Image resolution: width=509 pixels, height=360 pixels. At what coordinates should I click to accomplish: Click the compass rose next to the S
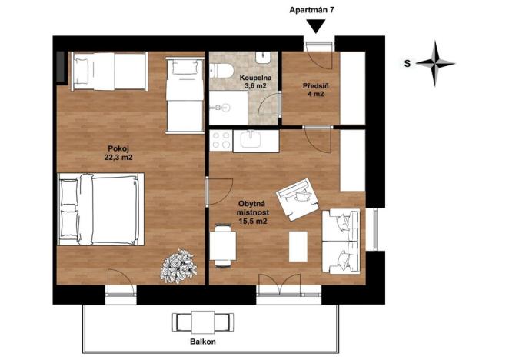coord(441,64)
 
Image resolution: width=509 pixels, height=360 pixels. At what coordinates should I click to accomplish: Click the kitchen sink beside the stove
coord(252,139)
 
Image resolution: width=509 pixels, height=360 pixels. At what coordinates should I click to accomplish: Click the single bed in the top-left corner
coord(107,69)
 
